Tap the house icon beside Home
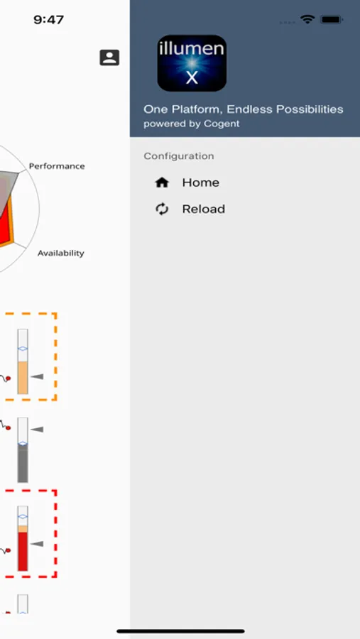point(162,182)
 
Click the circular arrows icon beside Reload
point(162,209)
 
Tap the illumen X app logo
point(192,63)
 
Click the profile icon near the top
point(109,58)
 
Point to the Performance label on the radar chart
point(57,166)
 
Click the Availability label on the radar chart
point(61,253)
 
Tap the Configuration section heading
point(178,156)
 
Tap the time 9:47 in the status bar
point(48,20)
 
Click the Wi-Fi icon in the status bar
point(307,19)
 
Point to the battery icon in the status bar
point(332,19)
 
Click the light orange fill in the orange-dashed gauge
point(23,378)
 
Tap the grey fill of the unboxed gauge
point(23,463)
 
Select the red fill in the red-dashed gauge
point(23,551)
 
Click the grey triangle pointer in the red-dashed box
point(37,544)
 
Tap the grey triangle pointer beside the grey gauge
point(37,429)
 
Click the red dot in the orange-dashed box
point(8,378)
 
